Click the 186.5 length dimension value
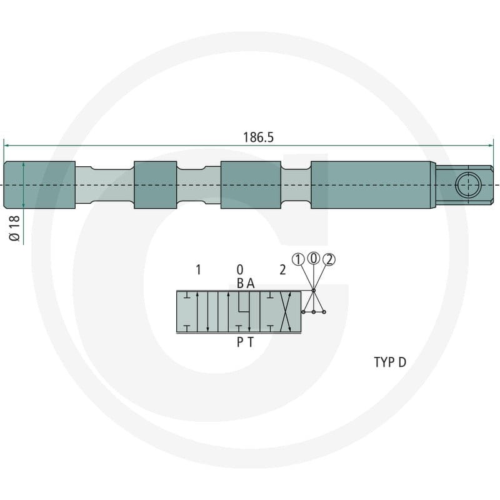[x=258, y=137]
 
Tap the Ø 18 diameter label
[x=14, y=228]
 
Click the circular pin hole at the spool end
[x=468, y=185]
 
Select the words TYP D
[x=390, y=362]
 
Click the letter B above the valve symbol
[x=241, y=283]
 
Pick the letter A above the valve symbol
[x=251, y=283]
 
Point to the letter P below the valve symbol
[x=240, y=342]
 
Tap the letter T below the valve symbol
[x=251, y=342]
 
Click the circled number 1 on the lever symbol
[x=298, y=259]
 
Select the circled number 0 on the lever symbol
[x=314, y=258]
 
